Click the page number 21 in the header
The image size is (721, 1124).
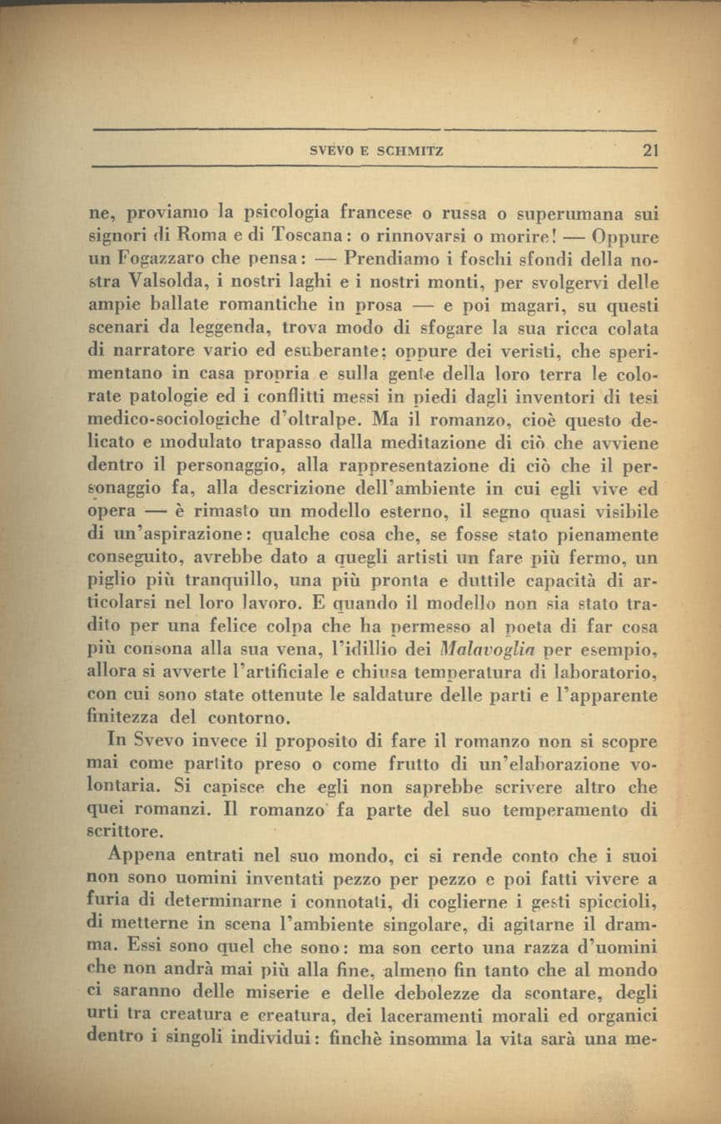649,151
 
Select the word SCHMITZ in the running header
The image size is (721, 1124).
410,152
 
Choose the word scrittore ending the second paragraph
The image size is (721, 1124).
123,829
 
